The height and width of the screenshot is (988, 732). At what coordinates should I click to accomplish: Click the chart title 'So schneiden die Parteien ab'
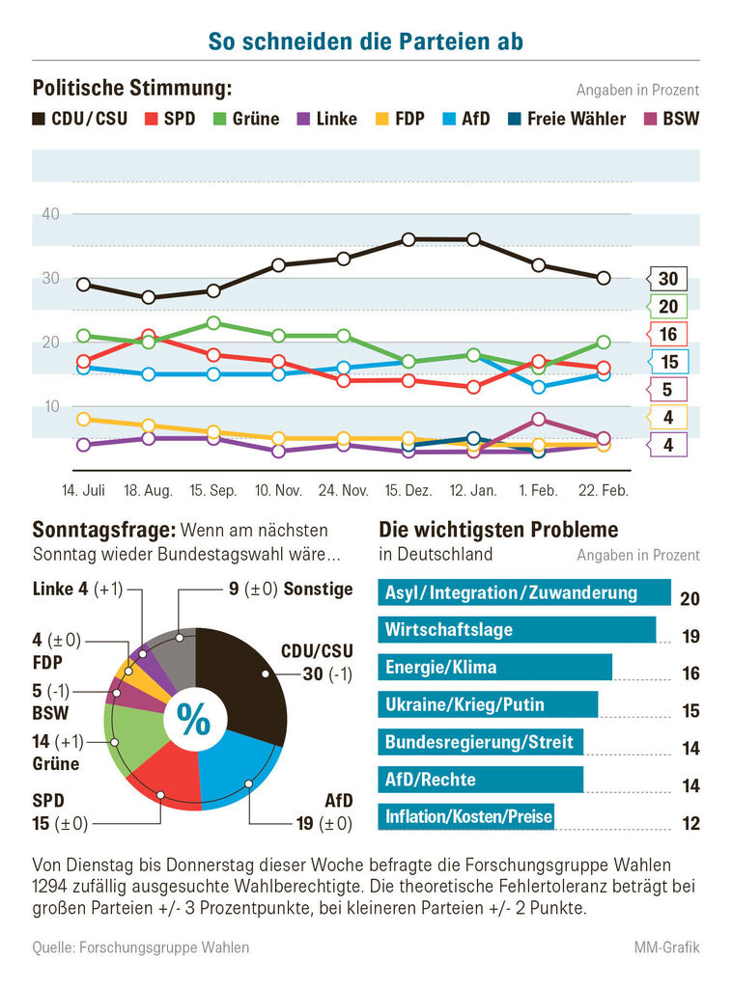click(366, 41)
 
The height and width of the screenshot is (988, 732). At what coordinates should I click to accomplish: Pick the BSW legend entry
click(672, 120)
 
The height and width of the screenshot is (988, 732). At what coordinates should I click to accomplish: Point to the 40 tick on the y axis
click(51, 214)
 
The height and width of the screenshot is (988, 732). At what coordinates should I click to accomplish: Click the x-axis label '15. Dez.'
click(408, 491)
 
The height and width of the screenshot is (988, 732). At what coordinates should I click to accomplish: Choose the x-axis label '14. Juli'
click(83, 491)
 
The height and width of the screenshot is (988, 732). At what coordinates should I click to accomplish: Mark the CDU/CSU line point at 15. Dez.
click(408, 239)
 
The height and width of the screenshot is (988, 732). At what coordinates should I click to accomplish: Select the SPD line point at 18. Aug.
click(149, 336)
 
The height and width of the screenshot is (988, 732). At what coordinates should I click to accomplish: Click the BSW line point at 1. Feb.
click(538, 420)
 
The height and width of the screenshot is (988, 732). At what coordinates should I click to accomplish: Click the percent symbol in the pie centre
click(195, 720)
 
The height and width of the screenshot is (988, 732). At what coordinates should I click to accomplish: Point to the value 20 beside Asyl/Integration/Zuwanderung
click(690, 599)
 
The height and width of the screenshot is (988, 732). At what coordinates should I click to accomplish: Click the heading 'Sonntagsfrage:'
click(103, 530)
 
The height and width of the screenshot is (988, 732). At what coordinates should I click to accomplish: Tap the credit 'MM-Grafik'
click(667, 947)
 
